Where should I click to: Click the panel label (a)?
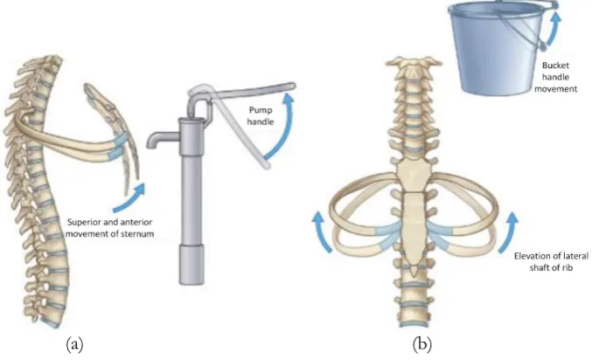pos(74,344)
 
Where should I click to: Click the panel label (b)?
pos(422,344)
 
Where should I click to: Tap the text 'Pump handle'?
pos(261,116)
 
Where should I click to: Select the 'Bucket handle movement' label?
pos(555,77)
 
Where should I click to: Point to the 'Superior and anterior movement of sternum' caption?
pos(110,228)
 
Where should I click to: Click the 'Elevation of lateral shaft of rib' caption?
pos(551,261)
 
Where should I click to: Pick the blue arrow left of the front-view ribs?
pos(322,231)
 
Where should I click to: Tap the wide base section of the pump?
pos(191,265)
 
